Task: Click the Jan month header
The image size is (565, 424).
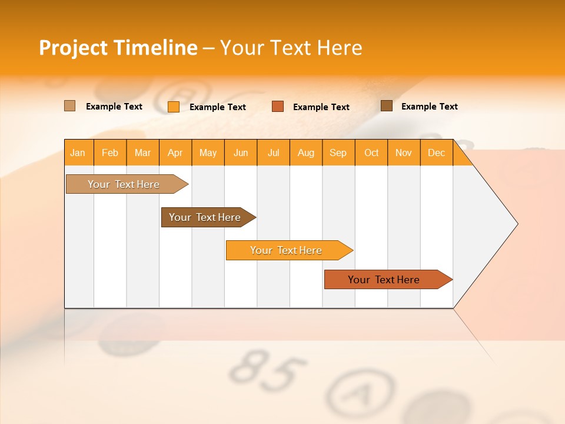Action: pos(78,153)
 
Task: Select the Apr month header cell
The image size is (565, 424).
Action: pos(175,153)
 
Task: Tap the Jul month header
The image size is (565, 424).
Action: pos(274,153)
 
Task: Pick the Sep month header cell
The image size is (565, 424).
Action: pos(338,153)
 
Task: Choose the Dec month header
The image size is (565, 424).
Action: pos(437,153)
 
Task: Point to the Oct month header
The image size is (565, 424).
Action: pos(371,153)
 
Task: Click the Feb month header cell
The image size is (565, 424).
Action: pos(110,153)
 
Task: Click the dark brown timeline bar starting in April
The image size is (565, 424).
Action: pos(206,217)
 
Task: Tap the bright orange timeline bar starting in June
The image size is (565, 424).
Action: pos(287,250)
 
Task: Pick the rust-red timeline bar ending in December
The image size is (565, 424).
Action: pos(385,280)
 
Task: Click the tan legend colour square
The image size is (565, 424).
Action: pos(70,106)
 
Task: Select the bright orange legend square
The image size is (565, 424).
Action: pos(174,107)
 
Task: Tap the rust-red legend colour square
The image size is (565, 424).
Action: pos(278,107)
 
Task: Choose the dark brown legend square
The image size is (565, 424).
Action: pos(387,106)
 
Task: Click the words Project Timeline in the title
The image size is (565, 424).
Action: pos(118,48)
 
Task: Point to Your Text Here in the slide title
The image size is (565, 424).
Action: pos(291,48)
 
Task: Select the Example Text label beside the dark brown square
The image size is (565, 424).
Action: pos(429,107)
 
